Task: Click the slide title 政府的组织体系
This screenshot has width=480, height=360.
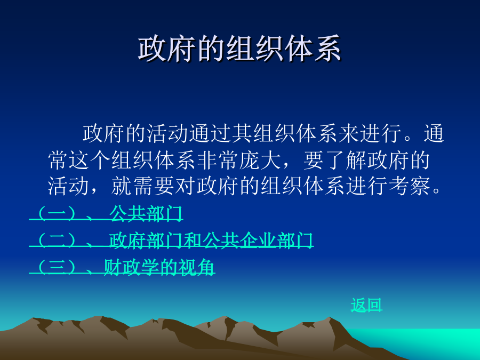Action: (x=239, y=49)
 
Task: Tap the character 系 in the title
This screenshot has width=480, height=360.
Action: (x=327, y=49)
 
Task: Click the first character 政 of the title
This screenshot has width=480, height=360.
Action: (x=152, y=49)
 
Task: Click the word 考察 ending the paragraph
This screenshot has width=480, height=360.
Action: (x=410, y=186)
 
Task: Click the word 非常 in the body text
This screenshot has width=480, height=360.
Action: (x=218, y=160)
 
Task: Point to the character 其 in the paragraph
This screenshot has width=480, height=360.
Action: (x=242, y=133)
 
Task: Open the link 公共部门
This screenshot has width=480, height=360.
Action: (x=146, y=213)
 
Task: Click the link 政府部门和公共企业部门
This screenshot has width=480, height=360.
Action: (x=211, y=239)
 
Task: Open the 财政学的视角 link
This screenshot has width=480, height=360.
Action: (x=159, y=267)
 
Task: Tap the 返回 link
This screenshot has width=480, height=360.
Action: (x=366, y=305)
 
